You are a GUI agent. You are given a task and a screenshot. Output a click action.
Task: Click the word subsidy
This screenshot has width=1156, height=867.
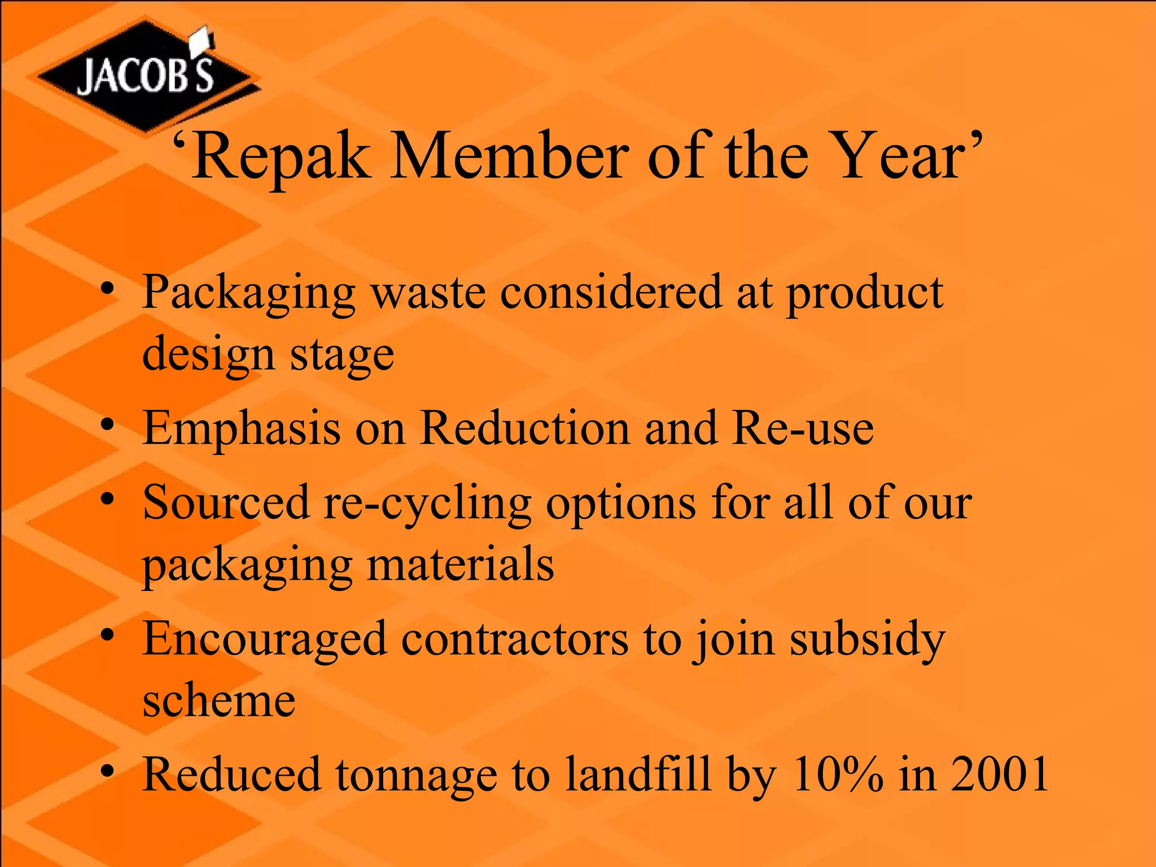pyautogui.click(x=867, y=641)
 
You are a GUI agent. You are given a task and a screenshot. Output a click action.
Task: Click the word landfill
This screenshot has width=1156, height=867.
pyautogui.click(x=637, y=774)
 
